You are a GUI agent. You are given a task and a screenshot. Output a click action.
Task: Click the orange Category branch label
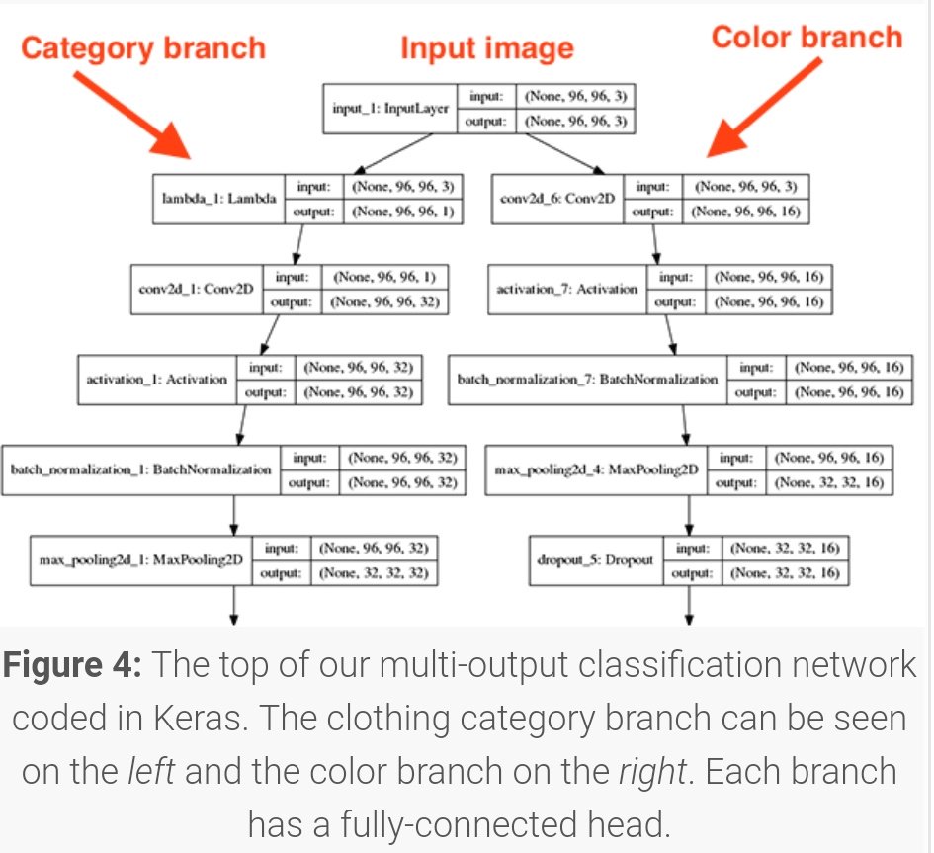pos(144,48)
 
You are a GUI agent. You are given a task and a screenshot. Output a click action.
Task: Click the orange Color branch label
pos(807,38)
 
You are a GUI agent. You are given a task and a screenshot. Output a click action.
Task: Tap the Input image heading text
pos(486,48)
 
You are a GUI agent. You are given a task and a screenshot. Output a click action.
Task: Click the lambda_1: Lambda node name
pos(218,199)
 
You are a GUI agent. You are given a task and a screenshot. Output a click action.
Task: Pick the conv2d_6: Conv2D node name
pos(557,199)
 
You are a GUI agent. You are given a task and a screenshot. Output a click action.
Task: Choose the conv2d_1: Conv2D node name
pos(197,289)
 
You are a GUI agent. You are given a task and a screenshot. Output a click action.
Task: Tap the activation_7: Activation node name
pos(567,289)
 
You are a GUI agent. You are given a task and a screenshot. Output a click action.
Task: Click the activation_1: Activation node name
pos(156,379)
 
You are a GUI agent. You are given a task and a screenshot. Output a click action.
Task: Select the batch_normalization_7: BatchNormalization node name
pos(588,379)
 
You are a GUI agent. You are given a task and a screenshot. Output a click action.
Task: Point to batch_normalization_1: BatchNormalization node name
pos(140,469)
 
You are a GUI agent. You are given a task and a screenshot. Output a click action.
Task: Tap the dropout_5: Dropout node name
pos(596,559)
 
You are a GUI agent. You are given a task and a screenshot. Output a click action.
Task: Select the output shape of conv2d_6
pos(745,211)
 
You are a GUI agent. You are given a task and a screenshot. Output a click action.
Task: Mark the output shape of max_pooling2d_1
pos(374,572)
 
